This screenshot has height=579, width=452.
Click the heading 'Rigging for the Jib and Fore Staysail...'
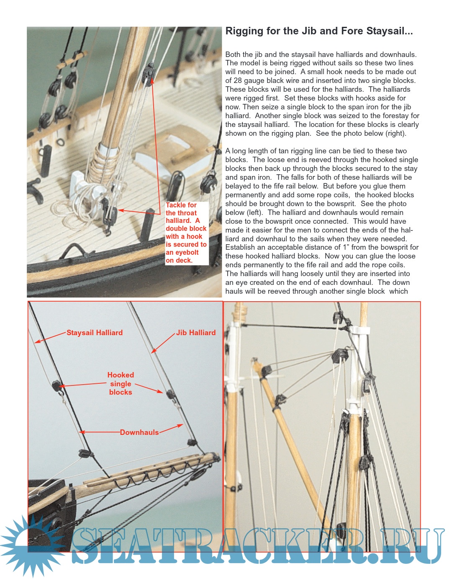pos(319,31)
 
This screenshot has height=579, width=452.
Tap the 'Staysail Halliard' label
pos(95,333)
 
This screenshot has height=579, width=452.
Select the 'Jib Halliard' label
pos(196,333)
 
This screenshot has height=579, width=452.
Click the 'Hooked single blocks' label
pos(121,383)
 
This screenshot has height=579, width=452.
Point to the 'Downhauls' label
pos(139,432)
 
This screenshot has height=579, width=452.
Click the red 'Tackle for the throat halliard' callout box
pos(186,233)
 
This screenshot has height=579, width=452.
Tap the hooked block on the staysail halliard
pos(56,385)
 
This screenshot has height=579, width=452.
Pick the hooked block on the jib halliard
pos(170,394)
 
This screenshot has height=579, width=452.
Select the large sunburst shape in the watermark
pos(29,545)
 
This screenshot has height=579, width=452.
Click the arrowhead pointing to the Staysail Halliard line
pos(37,342)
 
